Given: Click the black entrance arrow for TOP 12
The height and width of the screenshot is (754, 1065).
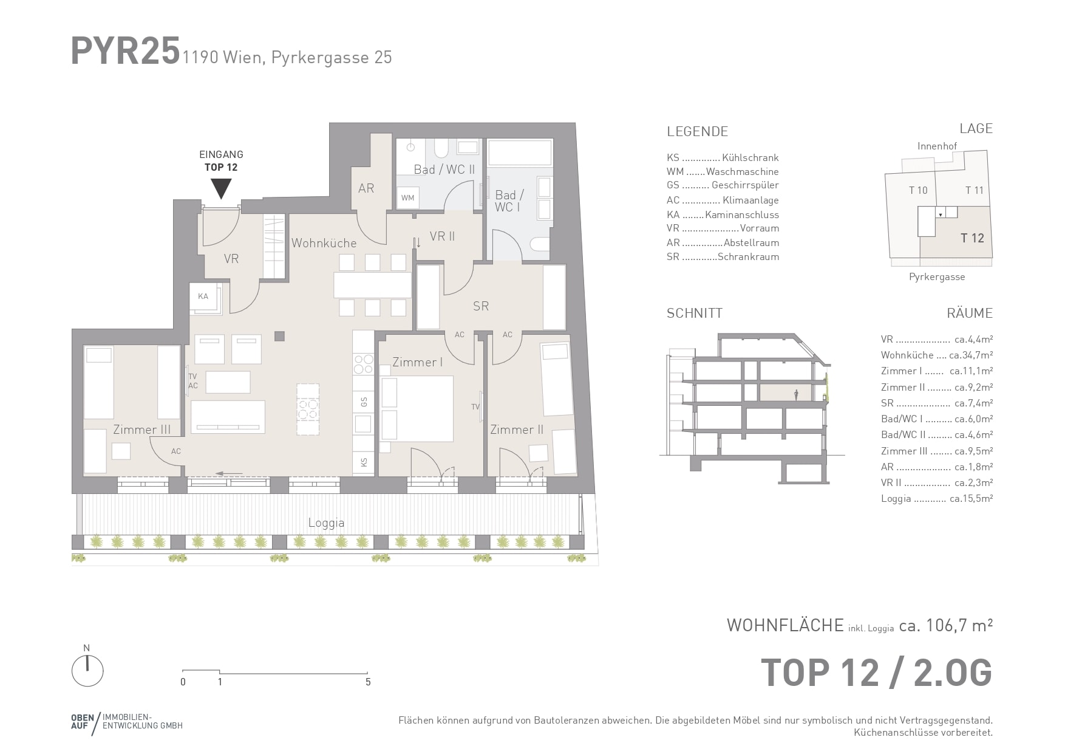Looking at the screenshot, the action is click(x=221, y=188).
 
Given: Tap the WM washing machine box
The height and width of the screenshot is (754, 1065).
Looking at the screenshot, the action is click(x=408, y=197).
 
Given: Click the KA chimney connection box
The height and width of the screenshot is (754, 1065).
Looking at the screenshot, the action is click(x=204, y=297).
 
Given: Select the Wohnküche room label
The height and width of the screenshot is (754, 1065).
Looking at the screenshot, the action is click(x=324, y=243).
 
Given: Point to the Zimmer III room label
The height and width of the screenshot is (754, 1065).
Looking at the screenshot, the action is click(x=141, y=430).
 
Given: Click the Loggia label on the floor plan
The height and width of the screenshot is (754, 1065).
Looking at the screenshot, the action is click(x=326, y=523).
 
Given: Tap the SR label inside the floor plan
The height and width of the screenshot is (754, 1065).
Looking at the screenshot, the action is click(x=481, y=306).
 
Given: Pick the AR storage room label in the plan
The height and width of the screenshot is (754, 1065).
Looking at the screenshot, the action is click(x=366, y=188).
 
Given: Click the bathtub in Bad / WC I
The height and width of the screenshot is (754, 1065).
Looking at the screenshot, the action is click(x=520, y=153).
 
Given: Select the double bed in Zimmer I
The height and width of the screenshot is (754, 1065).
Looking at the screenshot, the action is click(x=417, y=408).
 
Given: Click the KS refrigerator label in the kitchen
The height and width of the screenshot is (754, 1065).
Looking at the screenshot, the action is click(x=364, y=462).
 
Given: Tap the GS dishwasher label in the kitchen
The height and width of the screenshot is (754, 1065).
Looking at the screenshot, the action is click(x=364, y=402).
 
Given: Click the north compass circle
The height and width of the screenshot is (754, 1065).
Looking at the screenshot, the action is click(x=87, y=671).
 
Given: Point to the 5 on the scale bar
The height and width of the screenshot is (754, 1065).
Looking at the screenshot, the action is click(x=368, y=682).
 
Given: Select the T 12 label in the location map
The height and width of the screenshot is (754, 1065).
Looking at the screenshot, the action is click(x=972, y=238).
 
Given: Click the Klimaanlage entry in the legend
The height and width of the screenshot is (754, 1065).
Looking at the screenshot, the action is click(x=750, y=200).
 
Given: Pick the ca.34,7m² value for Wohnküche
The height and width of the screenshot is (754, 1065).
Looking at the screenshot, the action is click(x=971, y=355).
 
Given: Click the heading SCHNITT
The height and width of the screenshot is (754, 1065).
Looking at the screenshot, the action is click(x=695, y=314).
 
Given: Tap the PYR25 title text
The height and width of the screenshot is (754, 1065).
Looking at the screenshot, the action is click(x=126, y=50).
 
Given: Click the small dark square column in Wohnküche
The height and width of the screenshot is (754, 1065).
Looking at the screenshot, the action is click(x=279, y=336).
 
